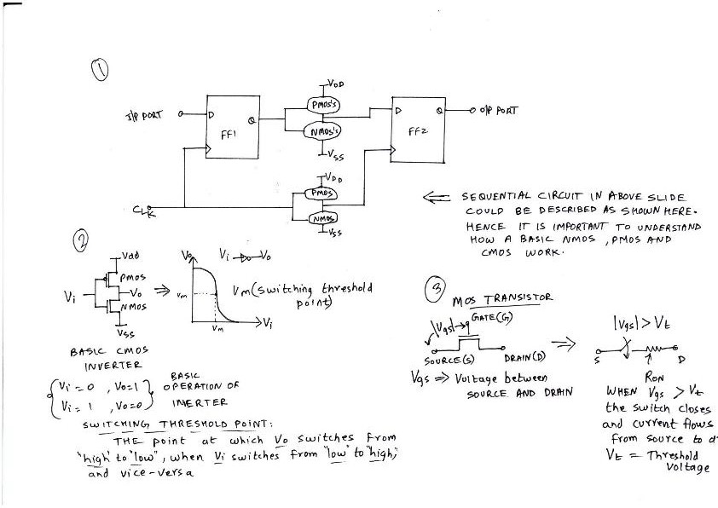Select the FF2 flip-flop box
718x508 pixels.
coord(416,131)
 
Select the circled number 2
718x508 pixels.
coord(82,240)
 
